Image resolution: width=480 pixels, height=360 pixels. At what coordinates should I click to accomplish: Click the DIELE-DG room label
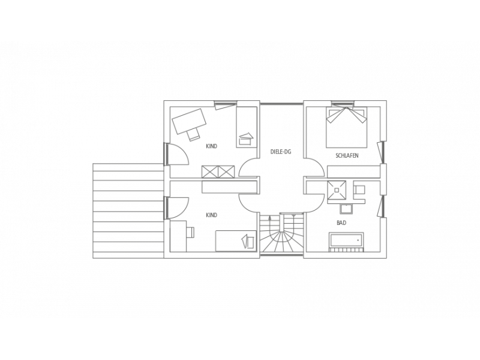coord(281,152)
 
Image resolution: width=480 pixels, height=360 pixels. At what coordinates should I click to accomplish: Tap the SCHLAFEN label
coord(347,155)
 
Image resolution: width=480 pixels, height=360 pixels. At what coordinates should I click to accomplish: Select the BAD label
coord(341,223)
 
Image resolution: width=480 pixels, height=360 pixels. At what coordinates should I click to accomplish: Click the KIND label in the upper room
coord(212,146)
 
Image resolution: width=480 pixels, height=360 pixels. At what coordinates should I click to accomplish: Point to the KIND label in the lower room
coord(212,215)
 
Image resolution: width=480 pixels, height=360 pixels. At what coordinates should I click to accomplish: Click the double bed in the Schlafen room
coord(346,127)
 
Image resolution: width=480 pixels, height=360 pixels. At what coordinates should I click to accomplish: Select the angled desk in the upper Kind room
coord(189,121)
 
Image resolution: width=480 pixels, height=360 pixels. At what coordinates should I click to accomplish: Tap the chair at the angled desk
coord(193,134)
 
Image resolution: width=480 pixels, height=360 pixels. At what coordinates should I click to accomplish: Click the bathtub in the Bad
coord(347,239)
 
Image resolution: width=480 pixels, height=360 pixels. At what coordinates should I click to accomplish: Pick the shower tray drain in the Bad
coord(337,190)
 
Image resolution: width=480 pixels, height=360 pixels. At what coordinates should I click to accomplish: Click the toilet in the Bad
coord(359,190)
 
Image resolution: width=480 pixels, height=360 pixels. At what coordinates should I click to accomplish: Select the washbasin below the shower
coord(346,209)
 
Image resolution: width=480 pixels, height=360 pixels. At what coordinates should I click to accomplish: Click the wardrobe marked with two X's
coord(218,172)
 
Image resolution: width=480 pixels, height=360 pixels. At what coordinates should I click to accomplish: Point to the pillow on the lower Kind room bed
coord(248,241)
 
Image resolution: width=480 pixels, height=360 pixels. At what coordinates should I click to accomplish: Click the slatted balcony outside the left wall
coord(128,211)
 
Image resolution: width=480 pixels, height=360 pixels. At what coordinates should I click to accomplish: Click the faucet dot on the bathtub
coord(358,240)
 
